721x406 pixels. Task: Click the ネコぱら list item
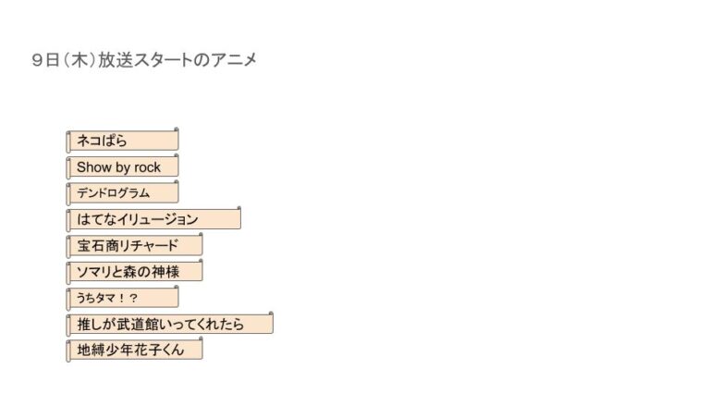point(122,141)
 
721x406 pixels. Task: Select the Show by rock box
point(122,167)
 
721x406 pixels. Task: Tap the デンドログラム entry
point(122,193)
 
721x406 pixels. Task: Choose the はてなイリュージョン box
point(153,219)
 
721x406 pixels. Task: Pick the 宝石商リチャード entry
point(134,246)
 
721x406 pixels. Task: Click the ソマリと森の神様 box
point(134,272)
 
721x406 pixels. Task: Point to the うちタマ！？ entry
point(122,298)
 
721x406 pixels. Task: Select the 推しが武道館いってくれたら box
point(169,325)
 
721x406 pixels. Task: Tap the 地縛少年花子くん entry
point(134,351)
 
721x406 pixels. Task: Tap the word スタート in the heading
point(164,60)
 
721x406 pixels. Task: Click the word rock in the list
point(147,167)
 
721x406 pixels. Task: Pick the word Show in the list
point(93,167)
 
